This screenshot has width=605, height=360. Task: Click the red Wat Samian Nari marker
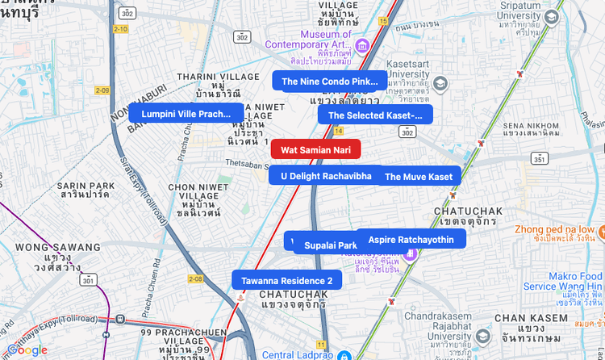315,149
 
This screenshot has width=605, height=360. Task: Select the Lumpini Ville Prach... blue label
186,114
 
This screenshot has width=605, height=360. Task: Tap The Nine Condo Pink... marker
329,82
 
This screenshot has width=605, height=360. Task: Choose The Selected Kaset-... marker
375,115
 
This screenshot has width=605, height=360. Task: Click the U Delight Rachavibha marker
326,175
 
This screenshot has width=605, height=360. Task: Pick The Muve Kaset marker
419,177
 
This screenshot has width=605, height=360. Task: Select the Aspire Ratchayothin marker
411,240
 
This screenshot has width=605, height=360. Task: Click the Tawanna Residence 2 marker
287,280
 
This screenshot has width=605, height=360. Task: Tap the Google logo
27,350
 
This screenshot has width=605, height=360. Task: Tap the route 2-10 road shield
120,29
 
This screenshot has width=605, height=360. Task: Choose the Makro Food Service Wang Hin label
562,282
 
